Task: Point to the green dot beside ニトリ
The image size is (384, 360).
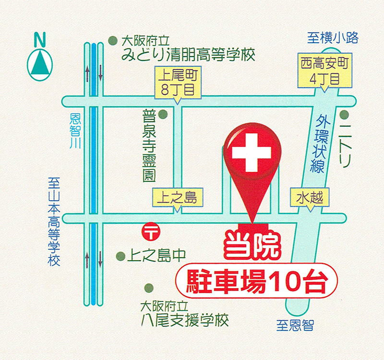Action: coord(344,115)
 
